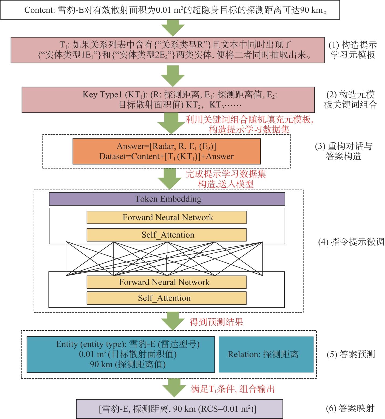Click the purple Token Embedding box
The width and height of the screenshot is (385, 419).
167,199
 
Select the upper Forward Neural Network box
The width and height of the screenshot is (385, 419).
167,217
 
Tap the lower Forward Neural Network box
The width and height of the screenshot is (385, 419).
167,282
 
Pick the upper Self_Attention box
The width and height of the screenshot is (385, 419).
167,235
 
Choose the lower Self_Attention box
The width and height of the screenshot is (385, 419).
167,298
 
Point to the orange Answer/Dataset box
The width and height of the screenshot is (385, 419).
167,151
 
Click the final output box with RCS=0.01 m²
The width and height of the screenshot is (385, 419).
179,409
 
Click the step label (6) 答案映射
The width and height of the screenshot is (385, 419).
350,408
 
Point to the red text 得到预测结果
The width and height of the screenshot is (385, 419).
216,322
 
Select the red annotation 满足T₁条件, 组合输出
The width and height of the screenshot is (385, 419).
233,389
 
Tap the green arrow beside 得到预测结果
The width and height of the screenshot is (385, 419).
173,321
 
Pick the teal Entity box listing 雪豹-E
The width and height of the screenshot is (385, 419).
121,354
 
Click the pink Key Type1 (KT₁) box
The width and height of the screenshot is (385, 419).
168,100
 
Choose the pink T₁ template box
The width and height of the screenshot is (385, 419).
168,50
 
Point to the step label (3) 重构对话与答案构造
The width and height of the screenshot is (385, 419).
344,151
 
